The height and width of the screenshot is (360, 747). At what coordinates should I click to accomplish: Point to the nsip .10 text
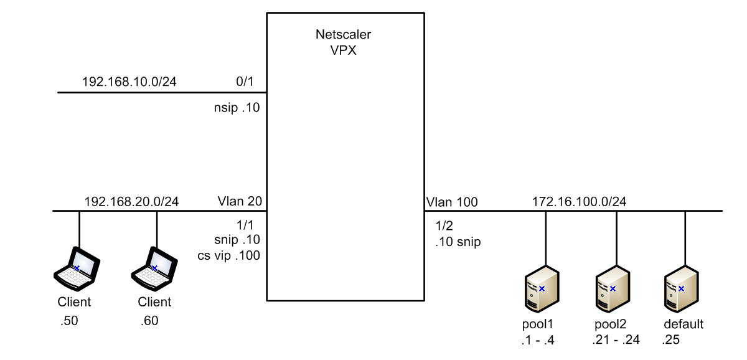(236, 107)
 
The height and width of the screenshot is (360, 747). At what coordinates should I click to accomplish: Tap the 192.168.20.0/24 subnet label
(131, 202)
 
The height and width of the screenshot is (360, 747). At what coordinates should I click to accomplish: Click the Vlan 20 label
(239, 202)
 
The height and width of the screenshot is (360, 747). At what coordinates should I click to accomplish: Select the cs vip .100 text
(237, 255)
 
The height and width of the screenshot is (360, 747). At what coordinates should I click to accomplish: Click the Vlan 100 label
(452, 202)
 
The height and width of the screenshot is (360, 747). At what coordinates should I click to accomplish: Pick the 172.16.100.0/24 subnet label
(579, 202)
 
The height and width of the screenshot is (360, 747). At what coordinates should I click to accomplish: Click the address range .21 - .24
(615, 339)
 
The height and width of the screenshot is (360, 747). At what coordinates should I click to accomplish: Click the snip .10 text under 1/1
(237, 240)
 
